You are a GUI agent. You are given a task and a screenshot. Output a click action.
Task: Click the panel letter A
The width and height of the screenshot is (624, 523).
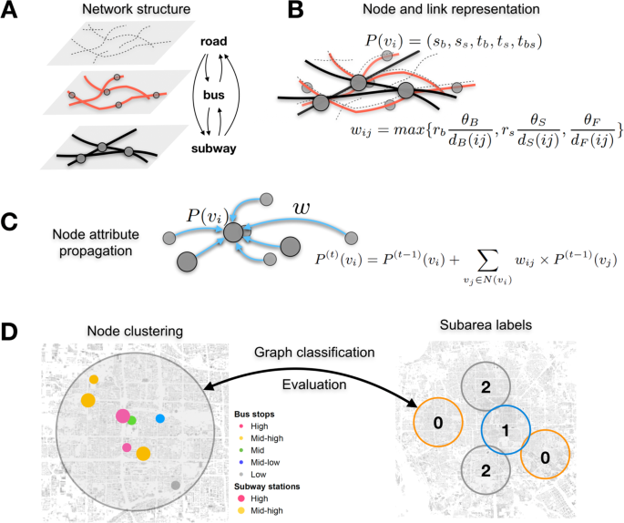click(13, 13)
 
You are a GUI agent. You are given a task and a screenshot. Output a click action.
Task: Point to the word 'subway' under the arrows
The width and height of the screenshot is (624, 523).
click(215, 147)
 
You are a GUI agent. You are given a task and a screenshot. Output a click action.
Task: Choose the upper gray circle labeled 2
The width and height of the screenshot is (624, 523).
click(486, 387)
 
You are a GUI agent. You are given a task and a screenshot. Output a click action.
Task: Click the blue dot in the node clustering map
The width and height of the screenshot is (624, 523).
click(160, 418)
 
